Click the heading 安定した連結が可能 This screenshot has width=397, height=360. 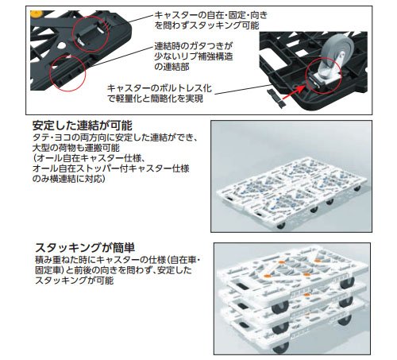tap(82, 126)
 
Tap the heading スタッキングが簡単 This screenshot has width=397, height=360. tap(85, 248)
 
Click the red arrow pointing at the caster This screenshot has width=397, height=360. tap(293, 93)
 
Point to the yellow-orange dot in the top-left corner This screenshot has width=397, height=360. tap(35, 14)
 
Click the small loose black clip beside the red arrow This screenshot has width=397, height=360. tap(276, 98)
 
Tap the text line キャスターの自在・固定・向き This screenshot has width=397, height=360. tap(211, 15)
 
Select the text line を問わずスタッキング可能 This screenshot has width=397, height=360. tap(206, 25)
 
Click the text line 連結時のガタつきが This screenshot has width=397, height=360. tap(194, 46)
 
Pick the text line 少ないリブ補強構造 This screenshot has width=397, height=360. tap(194, 56)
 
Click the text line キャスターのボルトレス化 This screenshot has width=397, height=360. tap(160, 88)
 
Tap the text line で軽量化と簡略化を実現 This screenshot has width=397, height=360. tap(155, 99)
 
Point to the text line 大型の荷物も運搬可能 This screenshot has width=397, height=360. tap(76, 148)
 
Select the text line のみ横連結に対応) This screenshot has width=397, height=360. tap(69, 179)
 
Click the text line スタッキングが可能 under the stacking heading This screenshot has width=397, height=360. tap(75, 281)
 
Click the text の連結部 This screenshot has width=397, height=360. tap(172, 67)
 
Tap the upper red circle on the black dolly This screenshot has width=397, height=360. tap(91, 33)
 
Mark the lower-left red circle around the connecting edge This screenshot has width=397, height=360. tap(67, 73)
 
